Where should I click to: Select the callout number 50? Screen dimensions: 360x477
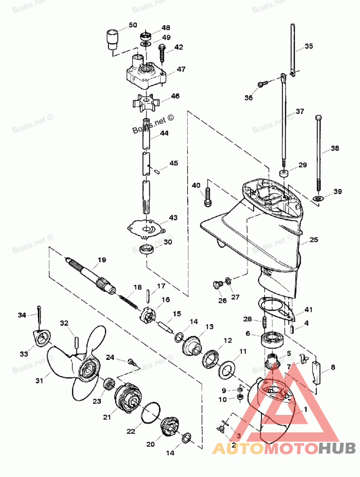(133, 25)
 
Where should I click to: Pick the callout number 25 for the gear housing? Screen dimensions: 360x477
(314, 240)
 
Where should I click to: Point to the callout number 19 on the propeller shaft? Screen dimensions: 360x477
(102, 259)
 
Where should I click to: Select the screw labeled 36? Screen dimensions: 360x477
(263, 84)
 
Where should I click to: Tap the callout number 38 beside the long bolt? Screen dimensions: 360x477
(335, 148)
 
